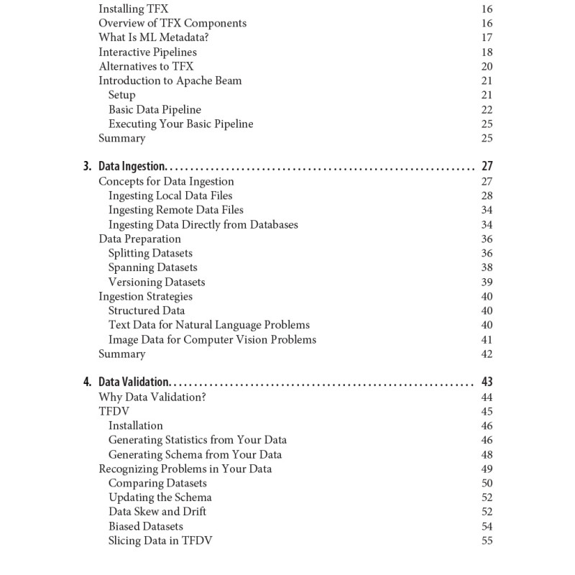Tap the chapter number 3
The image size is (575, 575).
pos(87,167)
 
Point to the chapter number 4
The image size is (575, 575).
pos(87,382)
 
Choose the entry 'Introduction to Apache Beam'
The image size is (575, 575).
pos(170,80)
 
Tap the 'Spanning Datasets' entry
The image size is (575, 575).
pos(152,267)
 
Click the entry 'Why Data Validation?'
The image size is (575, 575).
pos(152,397)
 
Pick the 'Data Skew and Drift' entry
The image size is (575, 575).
pos(157,512)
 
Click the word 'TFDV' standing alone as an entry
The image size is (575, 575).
pos(113,411)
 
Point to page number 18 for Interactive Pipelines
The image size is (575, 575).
pos(487,52)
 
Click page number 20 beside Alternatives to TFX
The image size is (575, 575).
pos(487,66)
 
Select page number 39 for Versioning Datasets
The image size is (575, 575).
pos(487,282)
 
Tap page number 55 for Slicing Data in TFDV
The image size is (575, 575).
pos(487,540)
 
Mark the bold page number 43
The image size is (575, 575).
pos(487,382)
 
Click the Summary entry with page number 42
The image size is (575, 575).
pos(121,354)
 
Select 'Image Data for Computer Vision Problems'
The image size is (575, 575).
pos(212,339)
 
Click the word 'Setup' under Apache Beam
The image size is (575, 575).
pos(121,95)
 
